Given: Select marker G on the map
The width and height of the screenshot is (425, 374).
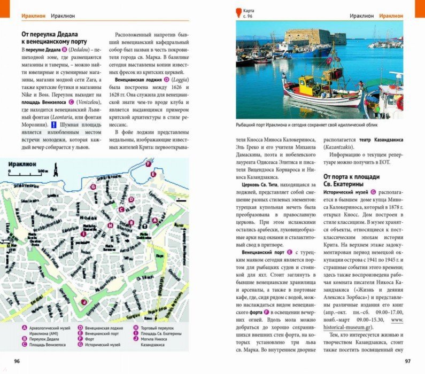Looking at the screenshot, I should coord(93,186).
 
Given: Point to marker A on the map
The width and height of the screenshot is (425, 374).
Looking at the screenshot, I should coord(155,220).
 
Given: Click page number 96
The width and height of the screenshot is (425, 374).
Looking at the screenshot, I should coord(17,362).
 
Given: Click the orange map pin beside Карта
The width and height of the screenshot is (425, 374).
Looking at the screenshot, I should coord(238,10).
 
